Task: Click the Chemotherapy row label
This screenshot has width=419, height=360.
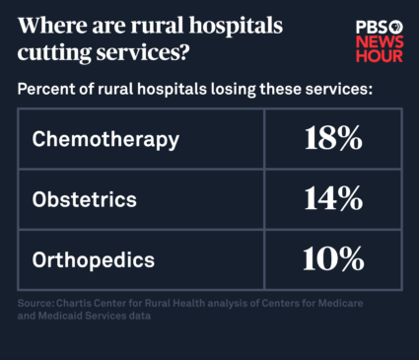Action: coord(105,139)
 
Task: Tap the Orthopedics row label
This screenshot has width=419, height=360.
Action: coord(94,260)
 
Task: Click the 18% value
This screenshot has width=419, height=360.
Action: coord(332,139)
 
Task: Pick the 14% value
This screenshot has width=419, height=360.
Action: coord(332,199)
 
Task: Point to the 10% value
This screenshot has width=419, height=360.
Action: coord(332,260)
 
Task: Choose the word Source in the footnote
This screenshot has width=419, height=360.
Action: coord(35,303)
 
